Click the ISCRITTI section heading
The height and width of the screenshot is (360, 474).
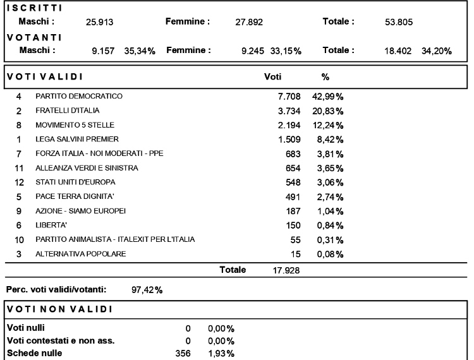coord(35,8)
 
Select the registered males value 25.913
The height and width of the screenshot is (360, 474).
coord(99,22)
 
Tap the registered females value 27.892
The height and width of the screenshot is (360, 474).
coord(249,22)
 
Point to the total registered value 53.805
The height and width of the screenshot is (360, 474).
coord(399,22)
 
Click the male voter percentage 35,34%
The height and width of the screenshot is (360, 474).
coord(140,51)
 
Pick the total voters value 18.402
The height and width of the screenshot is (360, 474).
coord(398,51)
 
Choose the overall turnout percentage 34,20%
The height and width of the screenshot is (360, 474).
coord(437,51)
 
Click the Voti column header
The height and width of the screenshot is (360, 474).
coord(272,76)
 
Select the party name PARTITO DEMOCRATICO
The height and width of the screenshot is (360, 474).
coord(79,97)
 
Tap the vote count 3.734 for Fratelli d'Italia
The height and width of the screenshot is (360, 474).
coord(289,111)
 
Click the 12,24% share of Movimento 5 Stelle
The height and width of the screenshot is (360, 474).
coord(328,125)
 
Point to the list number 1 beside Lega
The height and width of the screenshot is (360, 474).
coord(19,140)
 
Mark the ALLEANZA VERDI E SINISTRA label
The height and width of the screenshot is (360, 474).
coord(87,168)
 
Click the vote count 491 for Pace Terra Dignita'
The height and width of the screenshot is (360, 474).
coord(293,197)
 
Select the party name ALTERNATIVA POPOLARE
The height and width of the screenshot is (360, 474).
coord(81,254)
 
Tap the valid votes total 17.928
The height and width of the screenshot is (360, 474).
coord(286,270)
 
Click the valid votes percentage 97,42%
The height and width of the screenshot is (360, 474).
coord(147,290)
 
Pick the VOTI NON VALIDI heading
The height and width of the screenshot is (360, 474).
coord(59,309)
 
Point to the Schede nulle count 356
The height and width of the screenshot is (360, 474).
coord(183,353)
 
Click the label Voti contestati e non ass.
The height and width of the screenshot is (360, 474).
coord(61,341)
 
